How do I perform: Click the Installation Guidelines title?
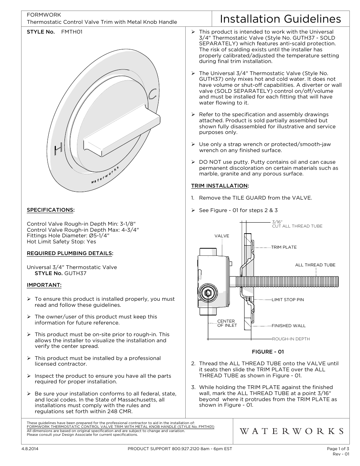point(280,19)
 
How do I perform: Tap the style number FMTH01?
point(72,32)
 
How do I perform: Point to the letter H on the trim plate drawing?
point(58,149)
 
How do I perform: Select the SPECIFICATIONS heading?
point(51,210)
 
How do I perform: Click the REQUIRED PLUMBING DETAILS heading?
point(70,253)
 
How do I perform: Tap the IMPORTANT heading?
point(44,285)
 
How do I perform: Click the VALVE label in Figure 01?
point(222,236)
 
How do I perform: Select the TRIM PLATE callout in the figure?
point(284,247)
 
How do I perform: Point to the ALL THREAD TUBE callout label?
point(315,265)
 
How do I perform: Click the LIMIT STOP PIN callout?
point(288,300)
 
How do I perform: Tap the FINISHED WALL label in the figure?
point(288,326)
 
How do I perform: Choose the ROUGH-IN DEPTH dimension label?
point(291,339)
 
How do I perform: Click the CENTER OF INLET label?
point(226,323)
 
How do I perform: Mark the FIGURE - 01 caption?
point(268,352)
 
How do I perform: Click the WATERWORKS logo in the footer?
point(291,431)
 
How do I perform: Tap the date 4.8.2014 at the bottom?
point(35,449)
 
